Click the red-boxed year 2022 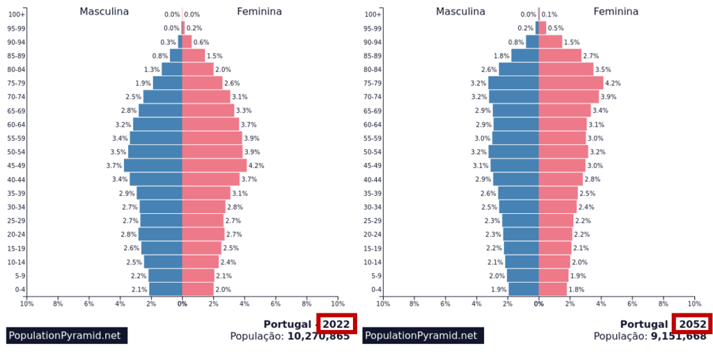(x=336, y=324)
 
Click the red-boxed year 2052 (x=693, y=324)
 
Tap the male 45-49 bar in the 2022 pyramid (x=153, y=166)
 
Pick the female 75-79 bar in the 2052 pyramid (x=571, y=83)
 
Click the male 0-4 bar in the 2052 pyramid (x=524, y=289)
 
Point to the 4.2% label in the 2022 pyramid (x=256, y=166)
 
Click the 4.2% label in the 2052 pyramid (x=613, y=83)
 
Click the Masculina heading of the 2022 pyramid (x=104, y=11)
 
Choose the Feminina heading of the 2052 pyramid (x=616, y=11)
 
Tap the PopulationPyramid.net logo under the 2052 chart (x=423, y=336)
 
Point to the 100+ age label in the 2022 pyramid (x=17, y=14)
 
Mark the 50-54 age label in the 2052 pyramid (x=373, y=152)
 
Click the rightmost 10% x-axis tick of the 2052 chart (x=694, y=304)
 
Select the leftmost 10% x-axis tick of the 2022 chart (x=26, y=304)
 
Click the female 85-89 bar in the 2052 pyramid (x=560, y=56)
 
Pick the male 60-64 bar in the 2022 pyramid (x=157, y=124)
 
